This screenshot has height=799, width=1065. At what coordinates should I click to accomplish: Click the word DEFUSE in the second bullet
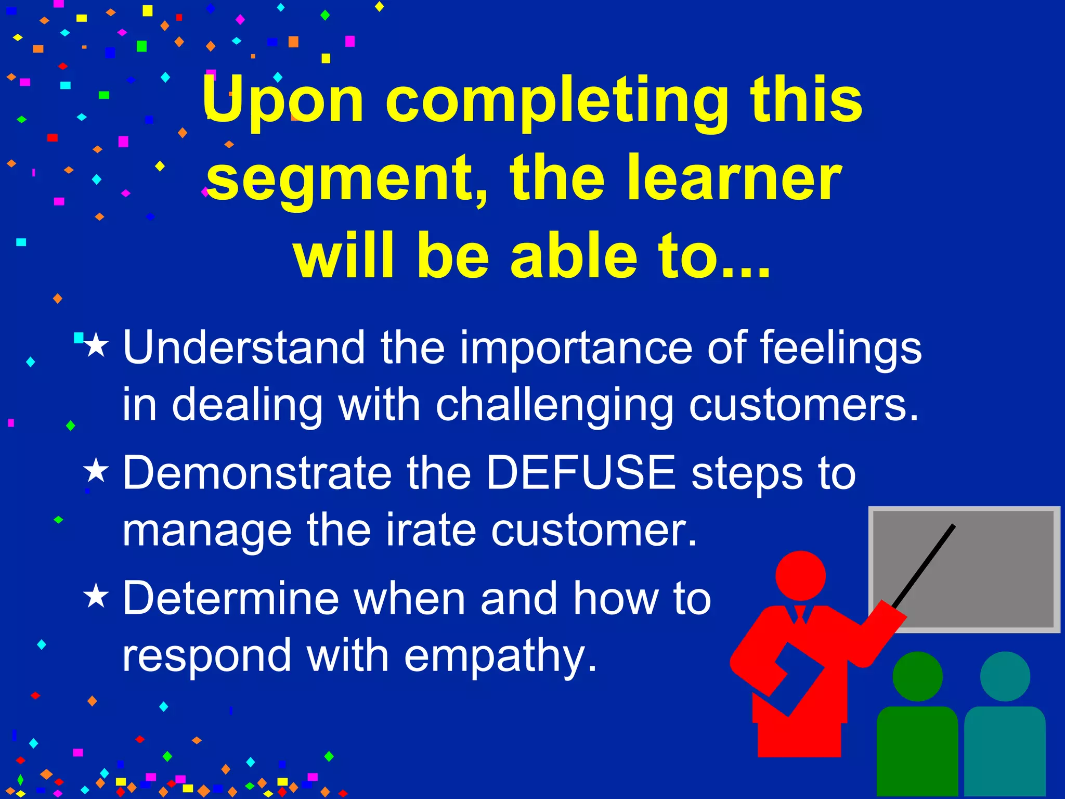(x=581, y=473)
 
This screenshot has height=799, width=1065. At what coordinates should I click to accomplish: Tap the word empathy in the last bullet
(x=500, y=657)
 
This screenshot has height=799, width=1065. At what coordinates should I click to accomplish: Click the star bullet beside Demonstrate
(x=96, y=470)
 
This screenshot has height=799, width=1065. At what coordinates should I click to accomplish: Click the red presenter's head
(x=800, y=576)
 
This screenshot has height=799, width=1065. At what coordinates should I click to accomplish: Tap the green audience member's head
(x=917, y=676)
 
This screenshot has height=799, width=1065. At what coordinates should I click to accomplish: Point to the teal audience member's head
(x=1005, y=676)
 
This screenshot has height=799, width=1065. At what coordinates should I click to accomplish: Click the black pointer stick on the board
(x=924, y=565)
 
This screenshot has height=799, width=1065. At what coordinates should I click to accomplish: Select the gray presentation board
(x=964, y=569)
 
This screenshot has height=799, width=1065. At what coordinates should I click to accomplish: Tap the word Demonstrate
(x=257, y=473)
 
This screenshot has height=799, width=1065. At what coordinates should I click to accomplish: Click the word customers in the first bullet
(x=804, y=405)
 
